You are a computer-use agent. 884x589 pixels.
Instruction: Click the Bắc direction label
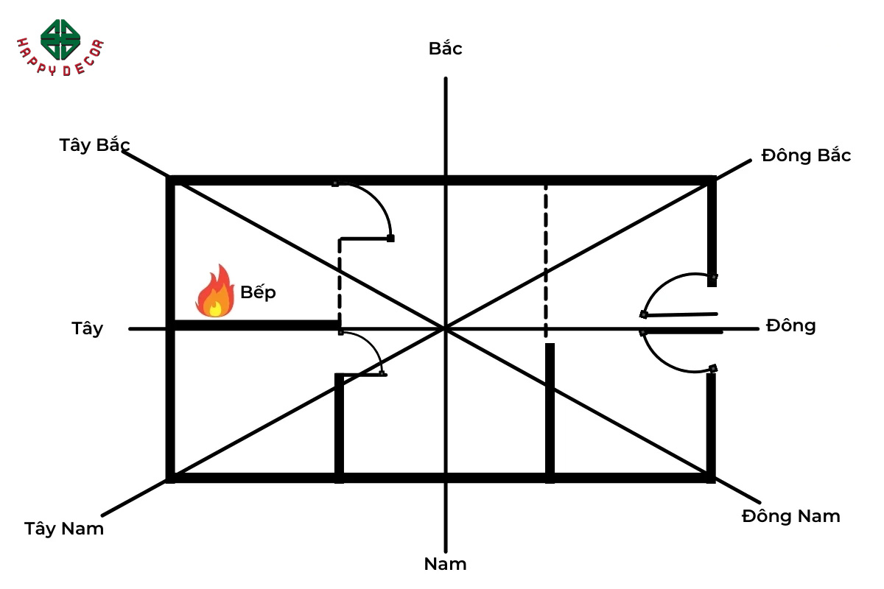445,49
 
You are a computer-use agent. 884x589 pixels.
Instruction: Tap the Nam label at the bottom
445,565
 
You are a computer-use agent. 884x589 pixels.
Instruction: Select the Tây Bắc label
95,145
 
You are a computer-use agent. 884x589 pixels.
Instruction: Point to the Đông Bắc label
806,156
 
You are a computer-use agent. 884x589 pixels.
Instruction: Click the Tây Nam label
64,529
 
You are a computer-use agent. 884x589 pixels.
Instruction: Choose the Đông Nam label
790,516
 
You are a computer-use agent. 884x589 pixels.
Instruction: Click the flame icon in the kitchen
214,292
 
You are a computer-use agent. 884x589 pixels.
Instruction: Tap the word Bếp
258,292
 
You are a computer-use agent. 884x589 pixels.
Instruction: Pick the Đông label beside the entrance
790,325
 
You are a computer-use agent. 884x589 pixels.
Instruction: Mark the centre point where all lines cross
445,328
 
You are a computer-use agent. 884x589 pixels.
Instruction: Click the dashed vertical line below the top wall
546,261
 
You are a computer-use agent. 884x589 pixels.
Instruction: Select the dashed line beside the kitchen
340,283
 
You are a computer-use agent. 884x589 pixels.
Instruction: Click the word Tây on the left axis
88,329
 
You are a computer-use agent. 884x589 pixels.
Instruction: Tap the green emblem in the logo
60,38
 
